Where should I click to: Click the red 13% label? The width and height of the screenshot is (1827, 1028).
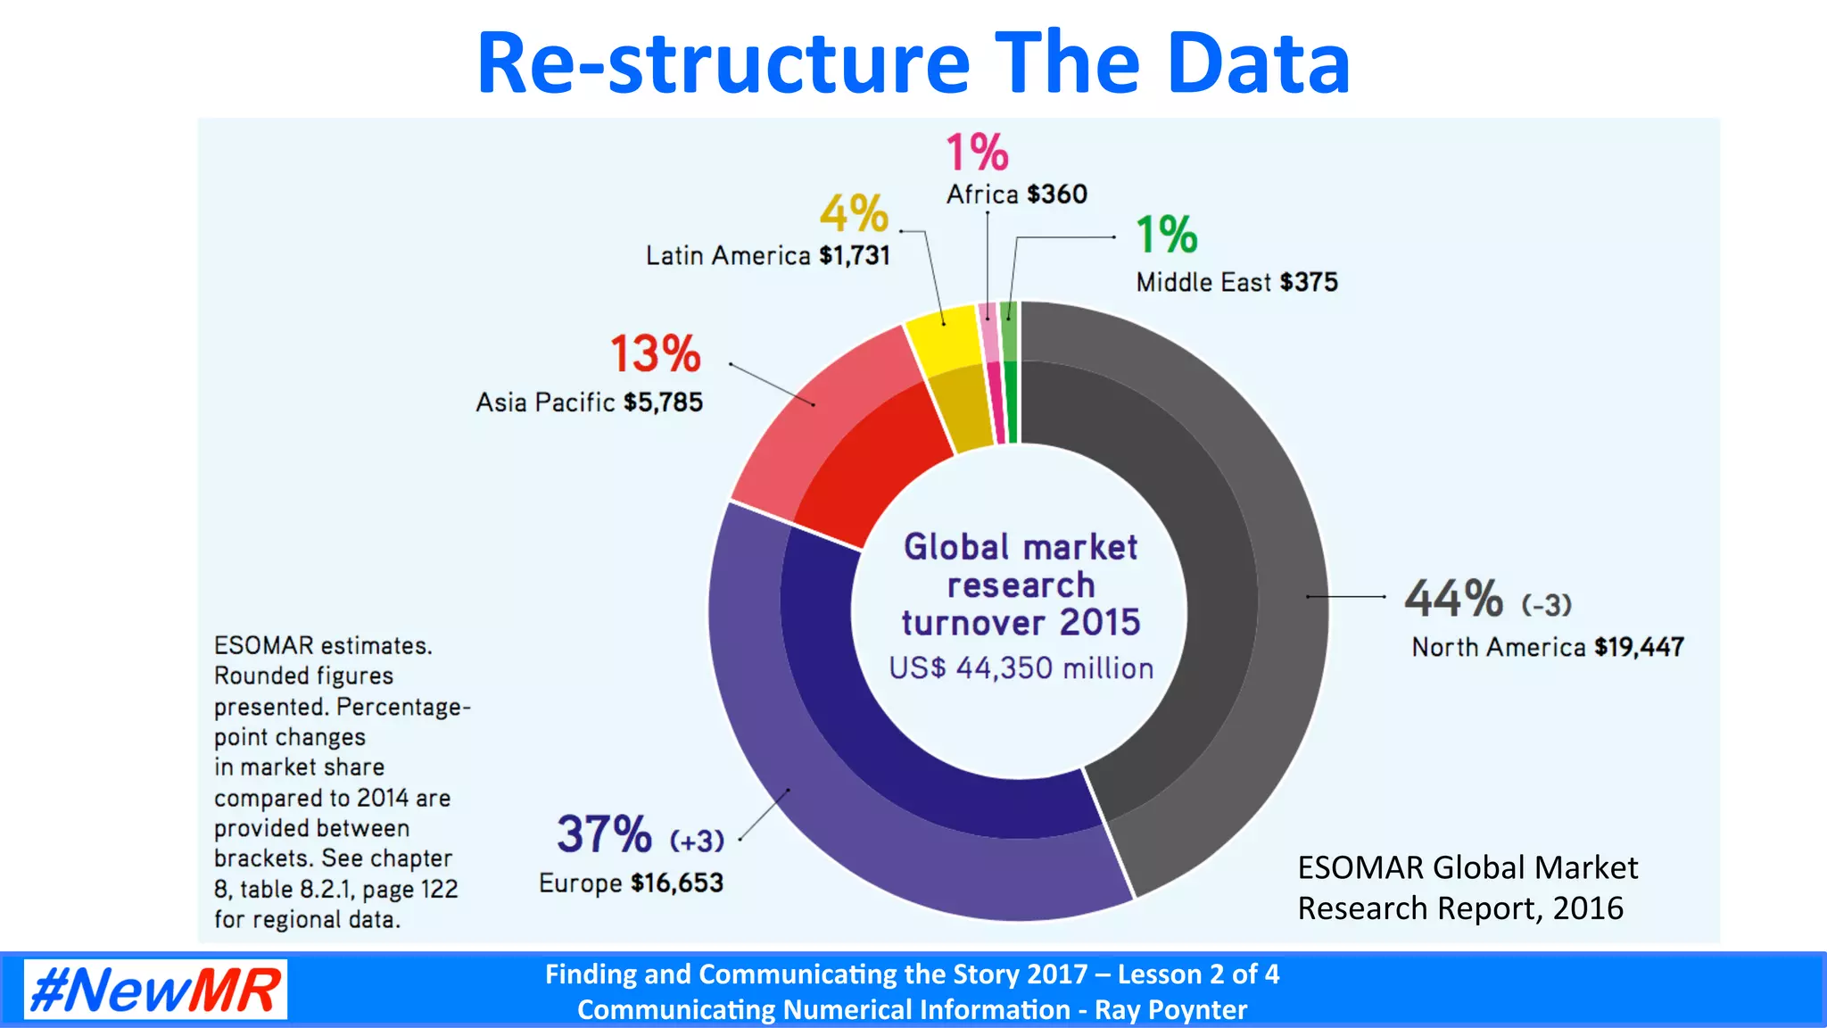point(656,353)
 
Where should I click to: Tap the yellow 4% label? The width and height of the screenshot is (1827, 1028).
point(854,213)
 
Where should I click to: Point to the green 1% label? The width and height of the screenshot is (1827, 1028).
point(1166,235)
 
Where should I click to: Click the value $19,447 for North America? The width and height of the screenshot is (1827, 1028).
point(1639,647)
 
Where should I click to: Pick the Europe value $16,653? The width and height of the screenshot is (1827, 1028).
point(677,883)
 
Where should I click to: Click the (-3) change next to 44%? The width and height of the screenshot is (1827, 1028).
point(1546,605)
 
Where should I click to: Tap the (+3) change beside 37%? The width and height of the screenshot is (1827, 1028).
point(697,841)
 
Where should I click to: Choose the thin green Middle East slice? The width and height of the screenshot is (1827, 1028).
point(1010,375)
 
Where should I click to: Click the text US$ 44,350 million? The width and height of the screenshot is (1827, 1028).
point(1021,668)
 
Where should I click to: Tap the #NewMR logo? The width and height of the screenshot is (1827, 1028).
point(155,989)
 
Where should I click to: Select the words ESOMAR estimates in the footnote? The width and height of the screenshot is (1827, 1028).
point(322,645)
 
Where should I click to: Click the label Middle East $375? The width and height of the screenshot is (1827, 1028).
point(1236,283)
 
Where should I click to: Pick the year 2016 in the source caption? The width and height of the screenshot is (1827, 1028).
point(1587,908)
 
